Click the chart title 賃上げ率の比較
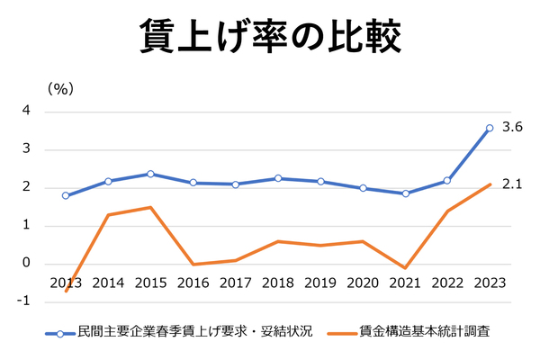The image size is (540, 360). [x=270, y=37]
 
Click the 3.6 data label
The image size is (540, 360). [x=512, y=128]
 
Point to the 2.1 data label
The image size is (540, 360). [x=512, y=184]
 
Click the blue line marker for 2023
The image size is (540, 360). [x=490, y=128]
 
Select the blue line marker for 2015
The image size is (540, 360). [x=150, y=174]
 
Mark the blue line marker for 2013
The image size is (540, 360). [x=66, y=195]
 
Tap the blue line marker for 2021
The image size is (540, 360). [x=405, y=193]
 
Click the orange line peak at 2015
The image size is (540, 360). [x=150, y=208]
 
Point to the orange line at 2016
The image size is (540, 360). [x=193, y=265]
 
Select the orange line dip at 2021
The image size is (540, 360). [x=405, y=268]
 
